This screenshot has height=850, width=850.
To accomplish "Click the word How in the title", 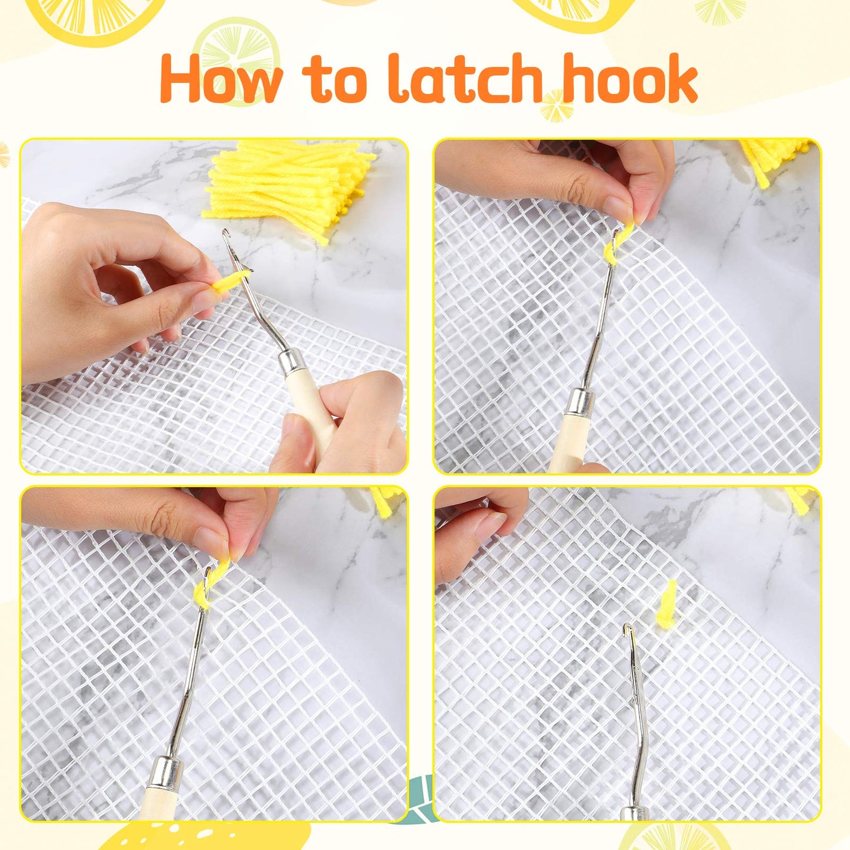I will [x=221, y=79].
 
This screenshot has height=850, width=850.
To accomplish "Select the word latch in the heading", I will [x=465, y=79].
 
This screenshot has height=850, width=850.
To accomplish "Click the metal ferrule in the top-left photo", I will [x=292, y=363].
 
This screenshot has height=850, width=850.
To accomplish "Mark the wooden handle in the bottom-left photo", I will [x=154, y=806].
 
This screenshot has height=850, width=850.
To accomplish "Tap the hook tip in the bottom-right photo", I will [x=628, y=629].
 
